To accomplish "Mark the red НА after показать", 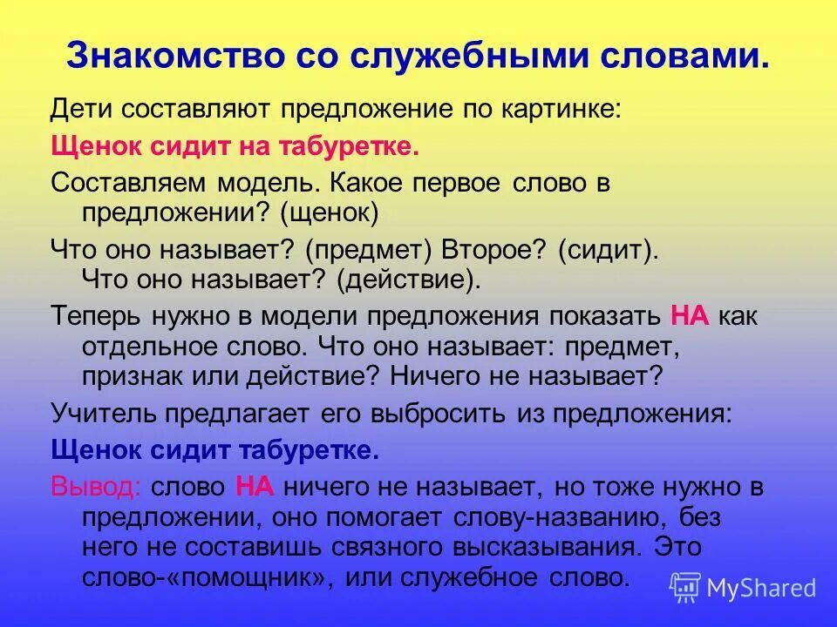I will (x=690, y=315).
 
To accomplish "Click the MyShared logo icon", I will (x=685, y=586).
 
